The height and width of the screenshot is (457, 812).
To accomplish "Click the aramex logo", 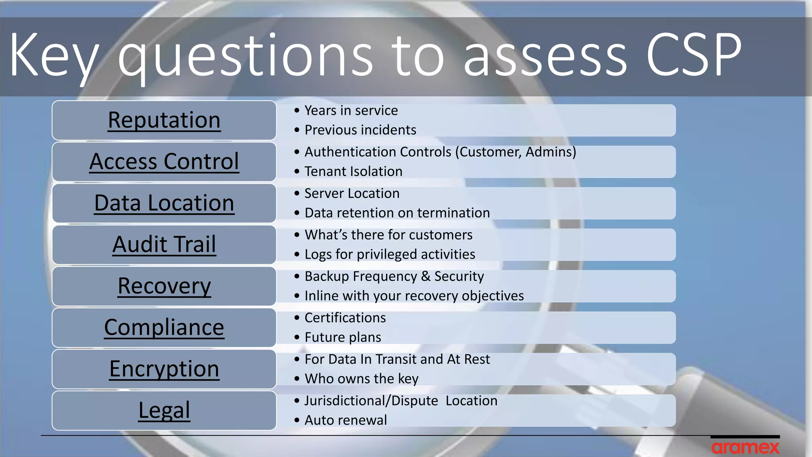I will click(x=745, y=447).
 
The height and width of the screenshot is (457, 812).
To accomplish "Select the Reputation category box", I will click(x=164, y=120).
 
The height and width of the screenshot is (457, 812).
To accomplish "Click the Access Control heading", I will click(x=164, y=161).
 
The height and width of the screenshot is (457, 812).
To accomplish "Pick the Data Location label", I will click(x=164, y=203).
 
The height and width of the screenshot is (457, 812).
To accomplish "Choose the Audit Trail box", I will click(x=164, y=244).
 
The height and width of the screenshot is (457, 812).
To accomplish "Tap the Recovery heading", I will click(x=164, y=286).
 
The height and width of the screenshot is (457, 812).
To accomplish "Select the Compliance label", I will click(x=164, y=327).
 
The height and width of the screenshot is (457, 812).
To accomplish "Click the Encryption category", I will click(x=164, y=369).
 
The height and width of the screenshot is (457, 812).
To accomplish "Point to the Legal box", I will click(x=164, y=410).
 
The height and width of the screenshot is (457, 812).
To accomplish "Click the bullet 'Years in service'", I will click(x=351, y=111).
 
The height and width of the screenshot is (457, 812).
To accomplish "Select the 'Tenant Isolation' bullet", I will click(x=353, y=171).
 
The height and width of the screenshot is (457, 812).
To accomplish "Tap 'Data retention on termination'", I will click(x=397, y=213).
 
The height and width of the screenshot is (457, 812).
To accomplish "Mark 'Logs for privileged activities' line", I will click(x=390, y=254).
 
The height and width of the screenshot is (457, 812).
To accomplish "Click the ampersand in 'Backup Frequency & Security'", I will click(x=425, y=276).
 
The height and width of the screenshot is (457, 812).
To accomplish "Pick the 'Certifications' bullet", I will click(x=345, y=318).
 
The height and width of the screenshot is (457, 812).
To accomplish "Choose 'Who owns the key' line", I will click(x=361, y=379).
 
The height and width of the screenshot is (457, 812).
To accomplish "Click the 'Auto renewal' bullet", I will click(x=345, y=420).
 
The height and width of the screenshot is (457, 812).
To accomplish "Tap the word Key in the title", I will click(x=54, y=56).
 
